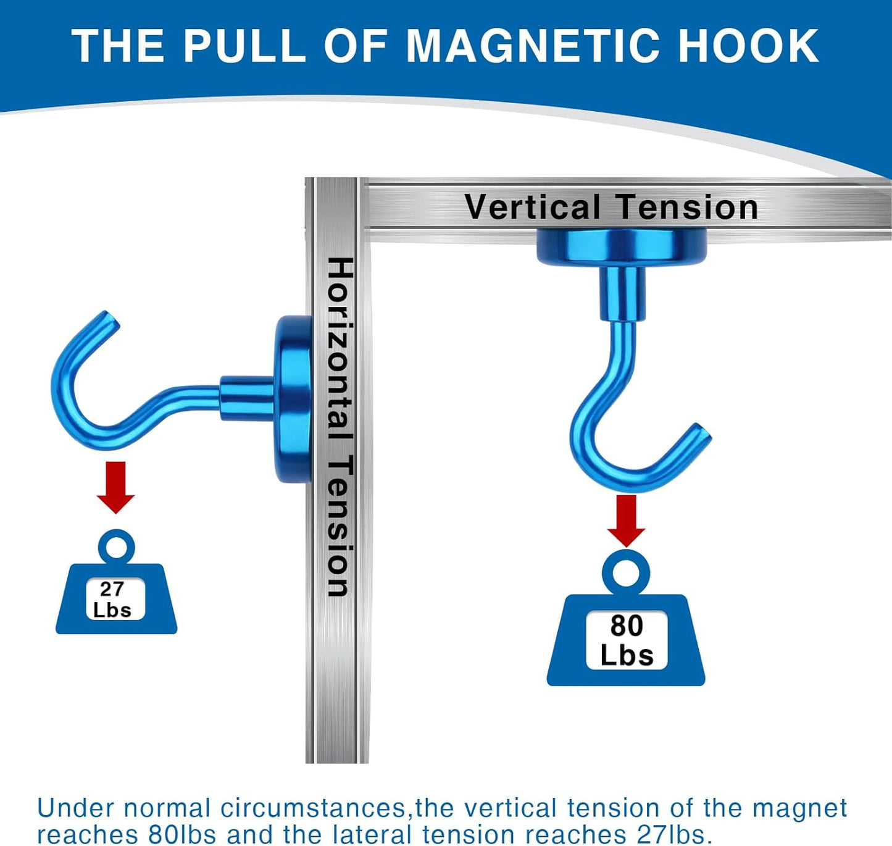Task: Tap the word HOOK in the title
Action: click(748, 46)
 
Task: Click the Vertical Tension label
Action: click(611, 207)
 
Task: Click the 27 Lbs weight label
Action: click(115, 599)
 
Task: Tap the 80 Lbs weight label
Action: click(626, 640)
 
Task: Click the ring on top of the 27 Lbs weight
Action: click(116, 547)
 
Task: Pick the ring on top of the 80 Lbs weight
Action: click(626, 572)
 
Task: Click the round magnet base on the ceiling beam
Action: click(622, 248)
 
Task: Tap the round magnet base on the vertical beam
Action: click(293, 398)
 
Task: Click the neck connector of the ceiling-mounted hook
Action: click(622, 293)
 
